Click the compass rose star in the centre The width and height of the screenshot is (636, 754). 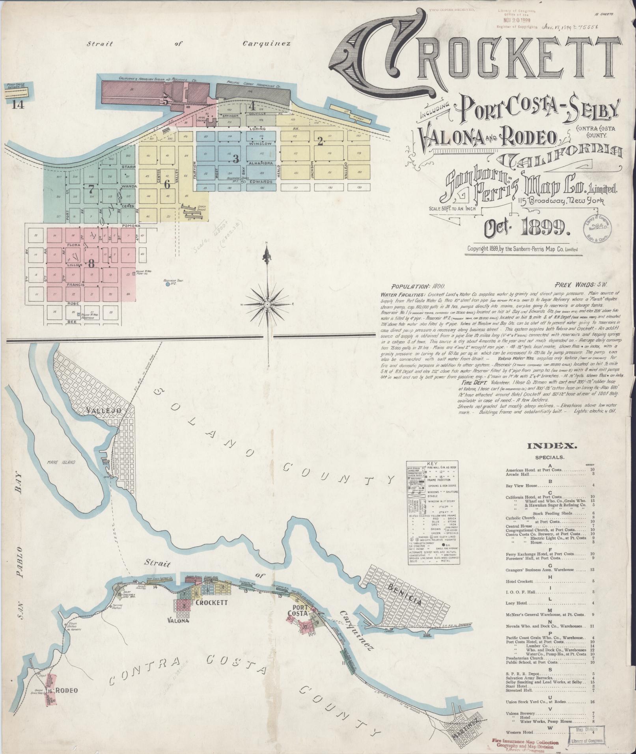click(267, 304)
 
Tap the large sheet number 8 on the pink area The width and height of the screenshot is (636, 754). click(91, 263)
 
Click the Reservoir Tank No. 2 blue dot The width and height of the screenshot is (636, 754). click(168, 284)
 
